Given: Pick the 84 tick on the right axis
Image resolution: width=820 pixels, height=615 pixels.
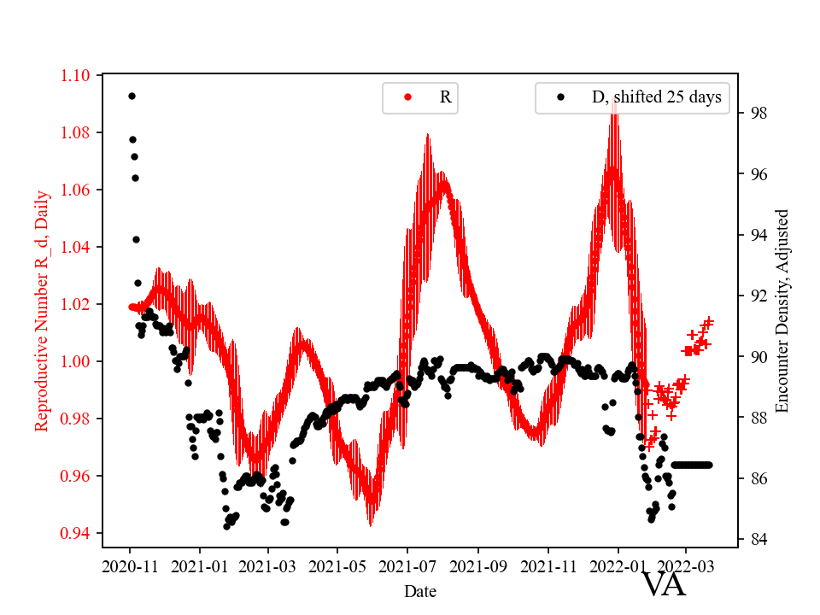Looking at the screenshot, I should coord(758,539).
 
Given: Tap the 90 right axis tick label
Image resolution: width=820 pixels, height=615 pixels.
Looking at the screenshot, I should coord(758,356).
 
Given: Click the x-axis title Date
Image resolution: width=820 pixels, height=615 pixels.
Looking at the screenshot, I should coord(420,590).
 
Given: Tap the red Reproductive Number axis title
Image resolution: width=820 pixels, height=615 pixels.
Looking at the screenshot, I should coord(42,310).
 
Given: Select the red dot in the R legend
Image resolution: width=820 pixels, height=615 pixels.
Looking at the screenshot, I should coord(407,97).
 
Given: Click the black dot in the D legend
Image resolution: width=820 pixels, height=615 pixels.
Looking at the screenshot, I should coord(560,97).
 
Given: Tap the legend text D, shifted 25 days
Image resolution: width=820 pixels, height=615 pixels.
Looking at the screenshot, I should coord(656,97).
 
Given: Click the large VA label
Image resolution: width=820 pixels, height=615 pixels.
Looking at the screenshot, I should coord(664,585).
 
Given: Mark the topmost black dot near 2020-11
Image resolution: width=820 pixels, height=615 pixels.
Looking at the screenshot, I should coord(132,96).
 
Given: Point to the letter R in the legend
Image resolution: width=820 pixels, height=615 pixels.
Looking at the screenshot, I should coord(445,97).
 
